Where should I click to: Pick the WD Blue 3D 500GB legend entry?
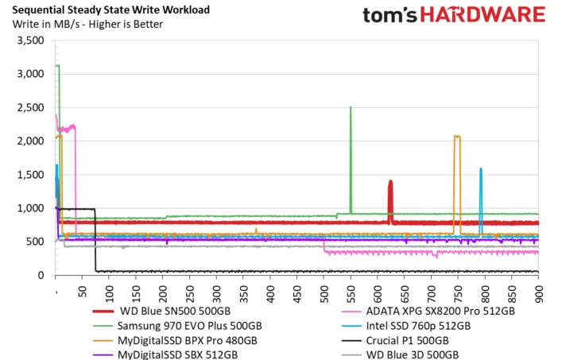(413, 354)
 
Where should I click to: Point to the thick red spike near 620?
(390, 199)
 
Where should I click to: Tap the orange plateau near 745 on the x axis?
(457, 137)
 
